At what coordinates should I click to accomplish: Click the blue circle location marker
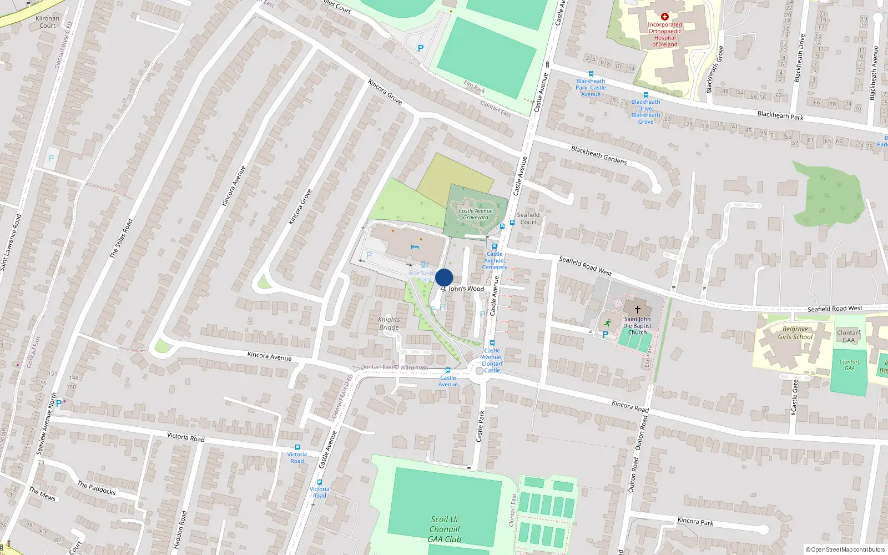[x=444, y=277]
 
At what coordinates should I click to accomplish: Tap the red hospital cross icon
[x=664, y=17]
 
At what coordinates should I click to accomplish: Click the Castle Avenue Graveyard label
[x=476, y=214]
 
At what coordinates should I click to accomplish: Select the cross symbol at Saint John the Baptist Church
[x=637, y=309]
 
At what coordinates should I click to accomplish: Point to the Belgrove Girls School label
[x=795, y=333]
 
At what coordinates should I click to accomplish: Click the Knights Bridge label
[x=389, y=324]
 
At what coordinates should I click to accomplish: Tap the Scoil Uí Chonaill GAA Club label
[x=444, y=529]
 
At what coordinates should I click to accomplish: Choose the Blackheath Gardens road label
[x=599, y=155]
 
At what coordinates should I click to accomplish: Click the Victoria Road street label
[x=186, y=437]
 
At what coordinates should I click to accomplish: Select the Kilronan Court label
[x=47, y=22]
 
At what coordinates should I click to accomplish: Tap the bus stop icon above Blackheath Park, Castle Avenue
[x=591, y=74]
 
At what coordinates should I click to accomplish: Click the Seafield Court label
[x=528, y=218]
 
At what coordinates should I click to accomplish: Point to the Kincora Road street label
[x=630, y=406]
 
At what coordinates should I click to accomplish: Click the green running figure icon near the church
[x=607, y=322]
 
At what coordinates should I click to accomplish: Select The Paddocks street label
[x=97, y=488]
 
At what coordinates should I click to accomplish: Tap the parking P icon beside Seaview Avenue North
[x=59, y=403]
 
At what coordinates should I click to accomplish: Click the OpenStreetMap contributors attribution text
[x=845, y=549]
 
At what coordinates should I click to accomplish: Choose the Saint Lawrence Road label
[x=11, y=243]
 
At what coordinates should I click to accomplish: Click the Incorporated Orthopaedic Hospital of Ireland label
[x=664, y=34]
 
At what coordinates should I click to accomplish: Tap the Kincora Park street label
[x=695, y=522]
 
